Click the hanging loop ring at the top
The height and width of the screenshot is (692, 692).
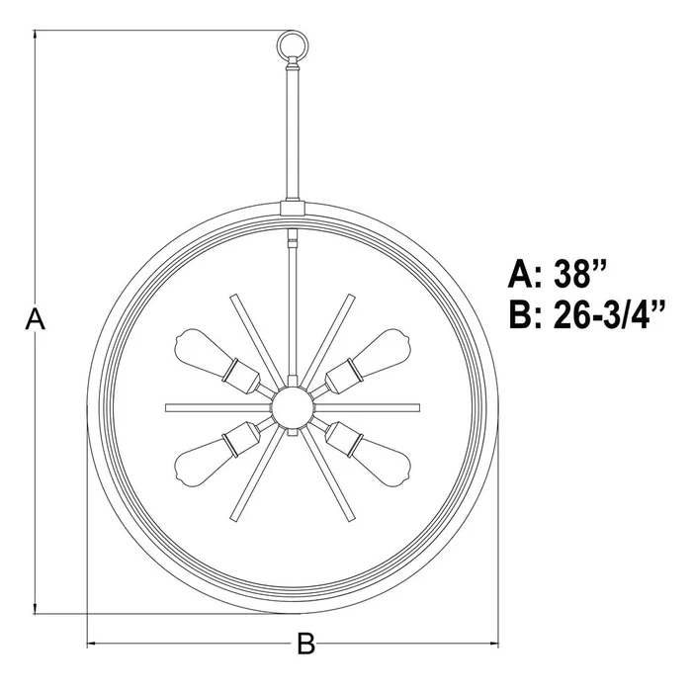(x=293, y=32)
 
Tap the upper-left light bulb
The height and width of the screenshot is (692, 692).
(x=202, y=348)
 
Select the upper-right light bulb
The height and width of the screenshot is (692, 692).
(x=384, y=348)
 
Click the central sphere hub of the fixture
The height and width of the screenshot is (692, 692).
(x=293, y=407)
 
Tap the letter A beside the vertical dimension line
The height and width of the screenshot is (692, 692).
(x=35, y=319)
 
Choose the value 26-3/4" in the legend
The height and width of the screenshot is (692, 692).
(x=609, y=315)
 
